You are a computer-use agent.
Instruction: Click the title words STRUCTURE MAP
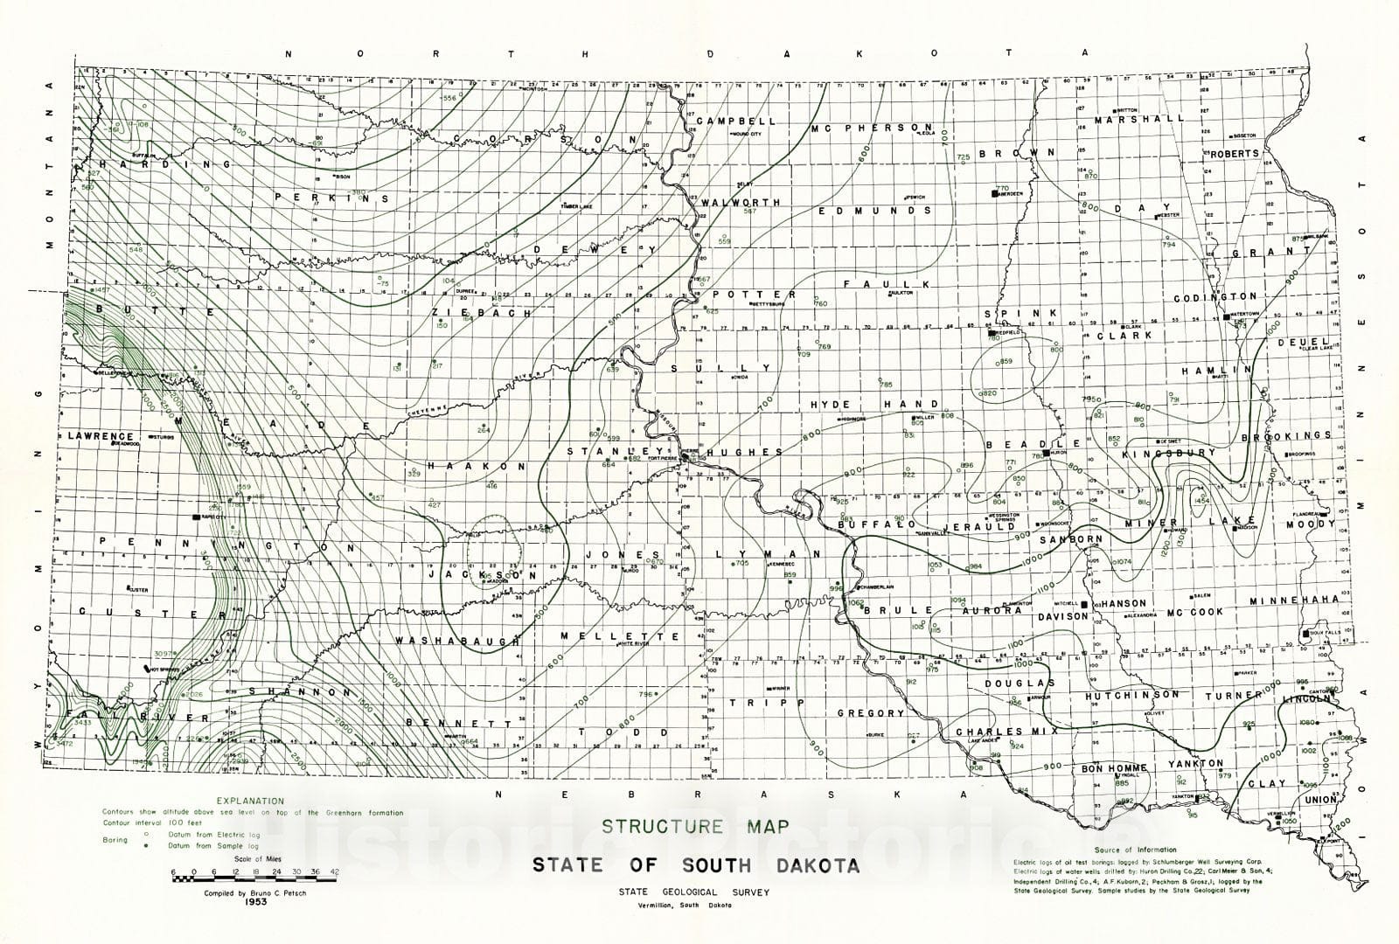[694, 826]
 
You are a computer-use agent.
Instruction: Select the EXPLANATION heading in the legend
[250, 800]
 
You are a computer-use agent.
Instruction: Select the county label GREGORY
[870, 713]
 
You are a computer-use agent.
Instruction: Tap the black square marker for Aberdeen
[994, 191]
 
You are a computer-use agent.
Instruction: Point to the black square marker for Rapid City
[196, 517]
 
